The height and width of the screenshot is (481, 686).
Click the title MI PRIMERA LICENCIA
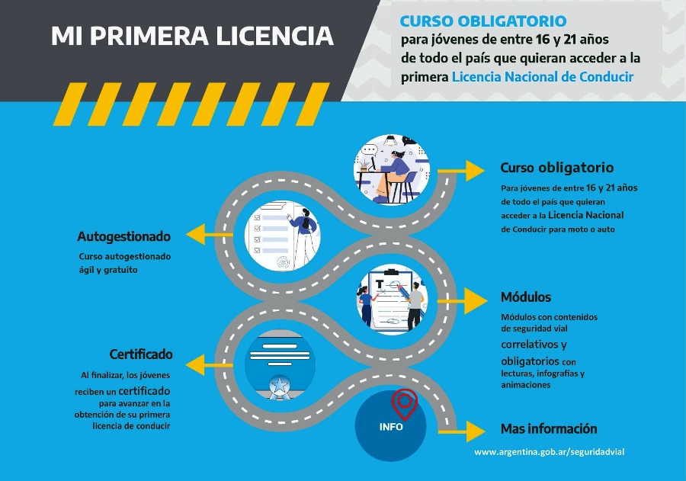coord(193,36)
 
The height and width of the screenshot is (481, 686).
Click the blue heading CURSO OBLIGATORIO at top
coord(483,21)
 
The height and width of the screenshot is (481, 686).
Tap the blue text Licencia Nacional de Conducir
coord(543,77)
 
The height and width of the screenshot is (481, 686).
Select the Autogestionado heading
coord(123,236)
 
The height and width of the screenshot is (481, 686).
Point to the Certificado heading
coord(141,354)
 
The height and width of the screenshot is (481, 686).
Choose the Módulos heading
coord(526,297)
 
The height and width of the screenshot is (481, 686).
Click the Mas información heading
coord(549,428)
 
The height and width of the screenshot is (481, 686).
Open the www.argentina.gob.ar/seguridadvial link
coord(550,452)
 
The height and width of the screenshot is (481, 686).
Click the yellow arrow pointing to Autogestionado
coord(209,234)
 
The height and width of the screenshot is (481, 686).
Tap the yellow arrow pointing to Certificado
coord(209,364)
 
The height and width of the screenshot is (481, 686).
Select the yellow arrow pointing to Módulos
coord(462,300)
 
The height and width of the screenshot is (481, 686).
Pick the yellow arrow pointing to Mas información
coord(462,431)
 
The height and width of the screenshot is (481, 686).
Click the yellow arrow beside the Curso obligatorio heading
coord(461,171)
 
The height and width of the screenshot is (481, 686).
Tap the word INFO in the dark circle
coord(391,427)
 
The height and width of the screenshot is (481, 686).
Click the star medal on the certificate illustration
coord(279,387)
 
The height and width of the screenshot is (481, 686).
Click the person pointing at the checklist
coord(304,236)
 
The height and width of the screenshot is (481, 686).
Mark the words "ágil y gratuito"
coord(108,270)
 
